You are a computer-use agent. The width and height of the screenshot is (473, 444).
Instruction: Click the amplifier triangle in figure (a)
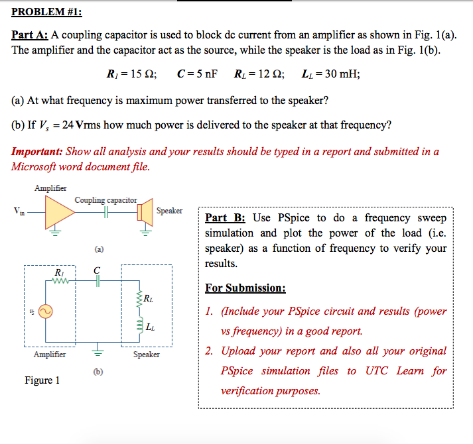(58, 212)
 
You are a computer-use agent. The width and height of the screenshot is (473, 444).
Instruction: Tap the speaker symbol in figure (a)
(143, 212)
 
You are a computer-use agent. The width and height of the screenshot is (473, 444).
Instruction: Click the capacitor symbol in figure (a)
(105, 211)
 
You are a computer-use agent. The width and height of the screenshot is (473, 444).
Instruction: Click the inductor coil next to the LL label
(139, 325)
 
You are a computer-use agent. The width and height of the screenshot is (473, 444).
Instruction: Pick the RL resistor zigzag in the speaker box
(139, 300)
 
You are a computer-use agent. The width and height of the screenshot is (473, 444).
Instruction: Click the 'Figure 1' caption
(42, 380)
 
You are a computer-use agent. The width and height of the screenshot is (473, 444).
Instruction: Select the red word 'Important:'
(37, 151)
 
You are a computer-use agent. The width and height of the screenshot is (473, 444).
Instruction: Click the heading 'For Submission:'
(245, 288)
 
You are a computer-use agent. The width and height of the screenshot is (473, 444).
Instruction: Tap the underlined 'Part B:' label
(225, 218)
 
